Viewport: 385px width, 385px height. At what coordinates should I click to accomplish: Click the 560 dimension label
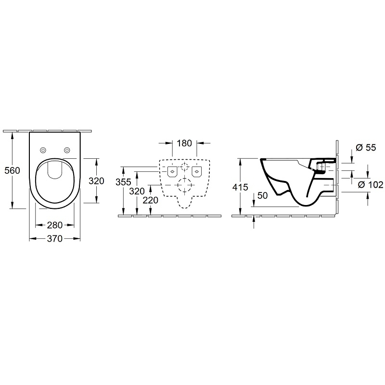click(13, 170)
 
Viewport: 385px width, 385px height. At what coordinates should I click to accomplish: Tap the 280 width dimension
click(55, 225)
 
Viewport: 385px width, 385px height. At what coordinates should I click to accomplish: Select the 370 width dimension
click(55, 238)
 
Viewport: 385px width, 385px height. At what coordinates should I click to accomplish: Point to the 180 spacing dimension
click(184, 143)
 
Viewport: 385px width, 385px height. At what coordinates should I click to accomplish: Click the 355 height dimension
click(124, 182)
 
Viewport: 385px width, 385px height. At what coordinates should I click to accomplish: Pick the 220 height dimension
click(151, 200)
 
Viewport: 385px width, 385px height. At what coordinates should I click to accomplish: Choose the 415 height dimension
click(240, 187)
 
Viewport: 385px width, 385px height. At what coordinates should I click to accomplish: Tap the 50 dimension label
click(262, 196)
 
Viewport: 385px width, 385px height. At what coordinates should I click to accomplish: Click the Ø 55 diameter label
click(366, 148)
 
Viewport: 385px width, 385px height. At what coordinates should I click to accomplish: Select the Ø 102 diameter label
click(371, 185)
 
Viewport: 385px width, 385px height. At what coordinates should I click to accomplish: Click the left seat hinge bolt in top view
click(43, 150)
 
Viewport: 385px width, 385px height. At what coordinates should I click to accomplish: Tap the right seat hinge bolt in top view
click(67, 150)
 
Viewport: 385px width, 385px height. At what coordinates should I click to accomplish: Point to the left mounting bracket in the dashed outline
click(172, 171)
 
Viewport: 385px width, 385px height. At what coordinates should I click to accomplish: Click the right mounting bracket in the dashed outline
click(197, 171)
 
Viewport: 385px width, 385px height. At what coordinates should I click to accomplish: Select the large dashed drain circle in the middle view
click(185, 184)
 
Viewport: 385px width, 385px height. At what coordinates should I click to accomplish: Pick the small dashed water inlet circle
click(184, 167)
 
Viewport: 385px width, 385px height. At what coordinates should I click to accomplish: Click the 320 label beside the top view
click(97, 181)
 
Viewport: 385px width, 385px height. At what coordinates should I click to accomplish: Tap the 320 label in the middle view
click(137, 191)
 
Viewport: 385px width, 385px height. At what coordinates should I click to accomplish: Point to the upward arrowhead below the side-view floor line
click(254, 219)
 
